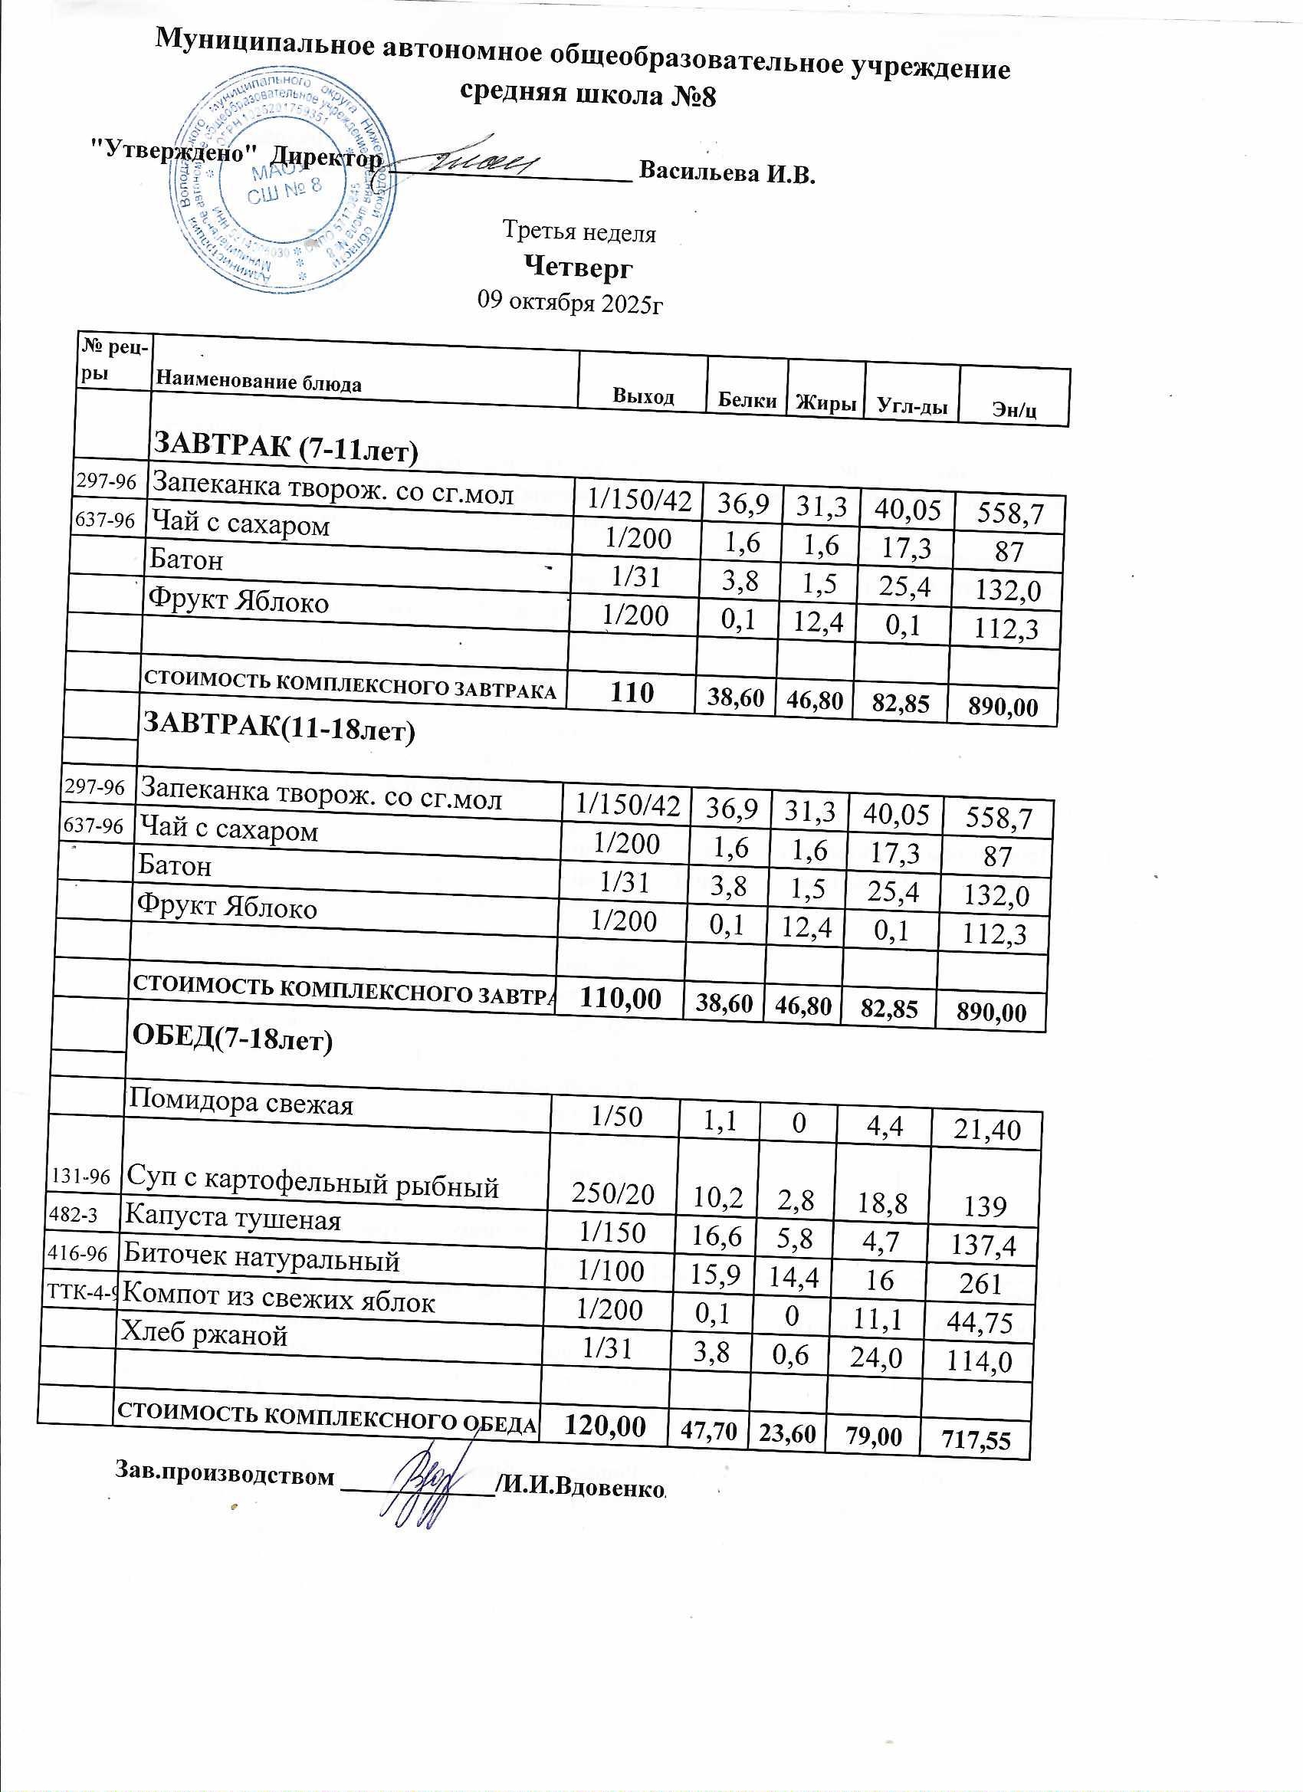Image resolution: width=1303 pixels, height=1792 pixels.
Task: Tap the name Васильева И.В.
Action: tap(726, 172)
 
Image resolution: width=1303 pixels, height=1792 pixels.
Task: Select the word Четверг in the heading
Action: tap(579, 267)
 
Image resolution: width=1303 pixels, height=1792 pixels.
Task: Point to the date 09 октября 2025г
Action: tap(569, 302)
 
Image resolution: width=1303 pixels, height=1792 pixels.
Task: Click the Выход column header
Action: tap(643, 396)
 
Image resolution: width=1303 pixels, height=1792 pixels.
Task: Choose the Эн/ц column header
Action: tap(1015, 410)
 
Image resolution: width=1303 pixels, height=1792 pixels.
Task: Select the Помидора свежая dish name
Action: tap(241, 1102)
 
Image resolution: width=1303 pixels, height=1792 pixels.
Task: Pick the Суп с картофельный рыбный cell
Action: tap(313, 1185)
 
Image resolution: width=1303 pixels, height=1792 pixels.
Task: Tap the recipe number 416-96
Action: tap(81, 1253)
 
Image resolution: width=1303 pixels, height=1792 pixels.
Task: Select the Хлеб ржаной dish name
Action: tap(203, 1335)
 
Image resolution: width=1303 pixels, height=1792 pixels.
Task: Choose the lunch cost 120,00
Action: tap(605, 1426)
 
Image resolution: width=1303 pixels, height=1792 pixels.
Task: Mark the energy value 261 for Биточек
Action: tap(981, 1284)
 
